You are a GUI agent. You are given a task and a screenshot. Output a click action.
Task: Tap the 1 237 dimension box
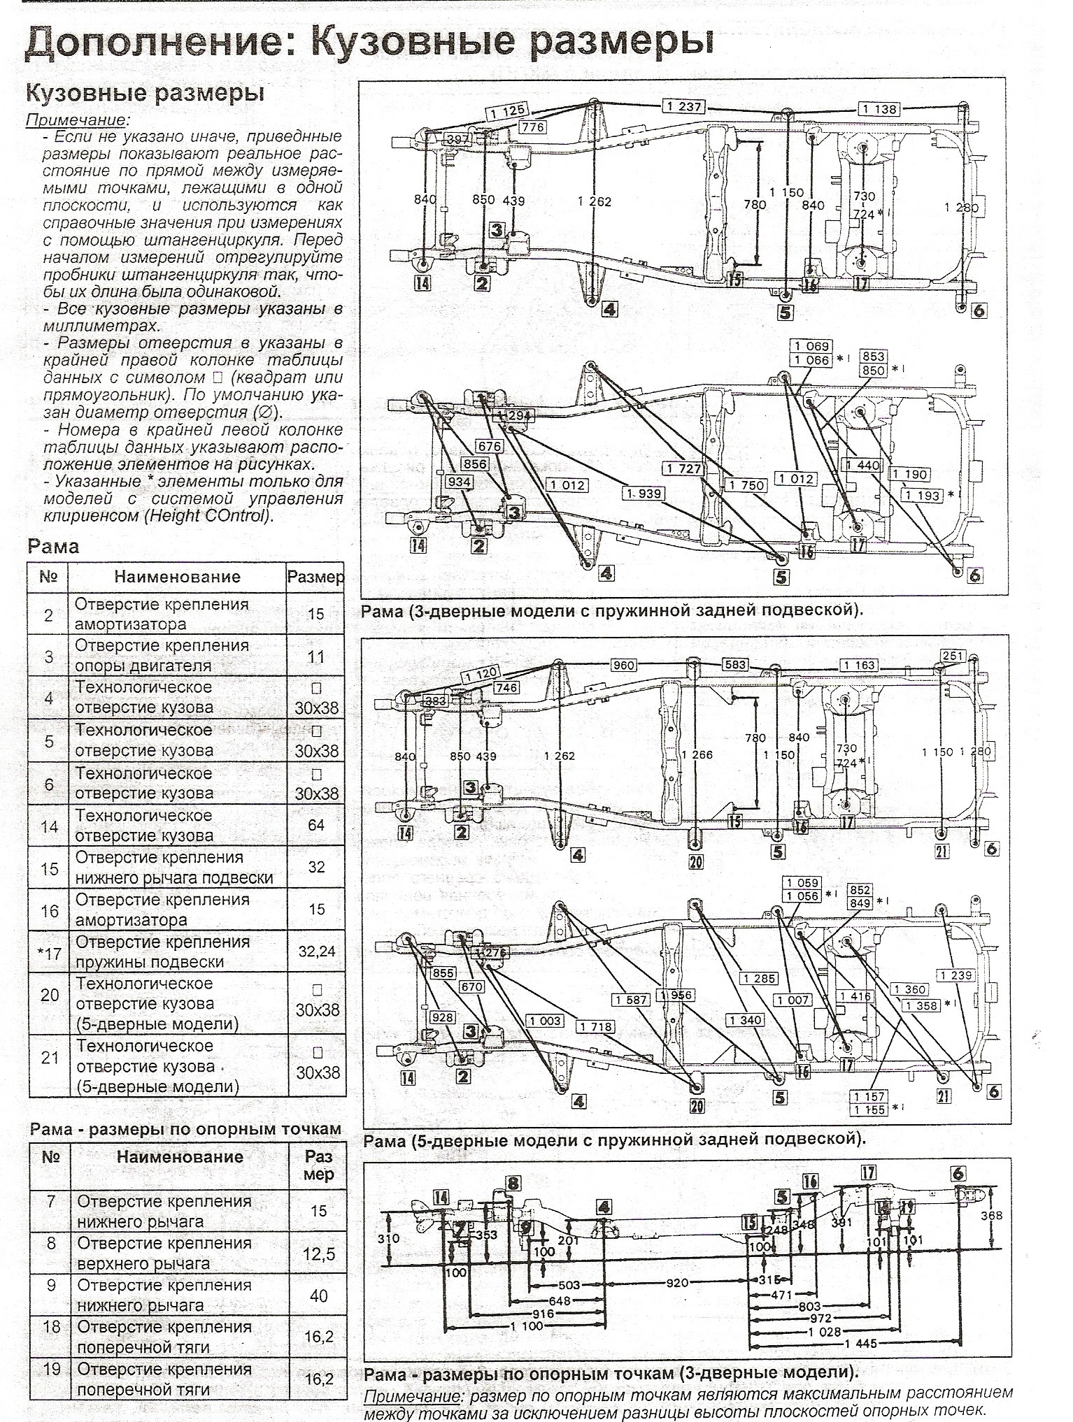683,106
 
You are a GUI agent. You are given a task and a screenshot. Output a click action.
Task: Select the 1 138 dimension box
880,109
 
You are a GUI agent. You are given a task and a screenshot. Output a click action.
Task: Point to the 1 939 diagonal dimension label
643,494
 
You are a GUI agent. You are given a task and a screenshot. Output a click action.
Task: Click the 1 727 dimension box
683,469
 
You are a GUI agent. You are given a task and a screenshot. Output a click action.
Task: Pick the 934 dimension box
459,482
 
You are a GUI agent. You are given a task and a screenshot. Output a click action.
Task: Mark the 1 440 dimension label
863,466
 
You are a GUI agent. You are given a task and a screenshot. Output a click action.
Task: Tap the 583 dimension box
735,665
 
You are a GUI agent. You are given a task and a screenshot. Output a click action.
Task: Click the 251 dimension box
954,656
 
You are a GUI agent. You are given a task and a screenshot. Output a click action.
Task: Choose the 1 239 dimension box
955,976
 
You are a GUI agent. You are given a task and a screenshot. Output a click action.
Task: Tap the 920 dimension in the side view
678,1283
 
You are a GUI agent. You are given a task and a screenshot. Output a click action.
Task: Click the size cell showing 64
315,826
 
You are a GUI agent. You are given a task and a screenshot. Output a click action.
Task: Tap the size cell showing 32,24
315,951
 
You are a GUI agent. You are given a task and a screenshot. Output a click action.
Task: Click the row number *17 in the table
49,951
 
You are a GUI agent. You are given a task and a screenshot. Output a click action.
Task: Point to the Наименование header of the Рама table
177,577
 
